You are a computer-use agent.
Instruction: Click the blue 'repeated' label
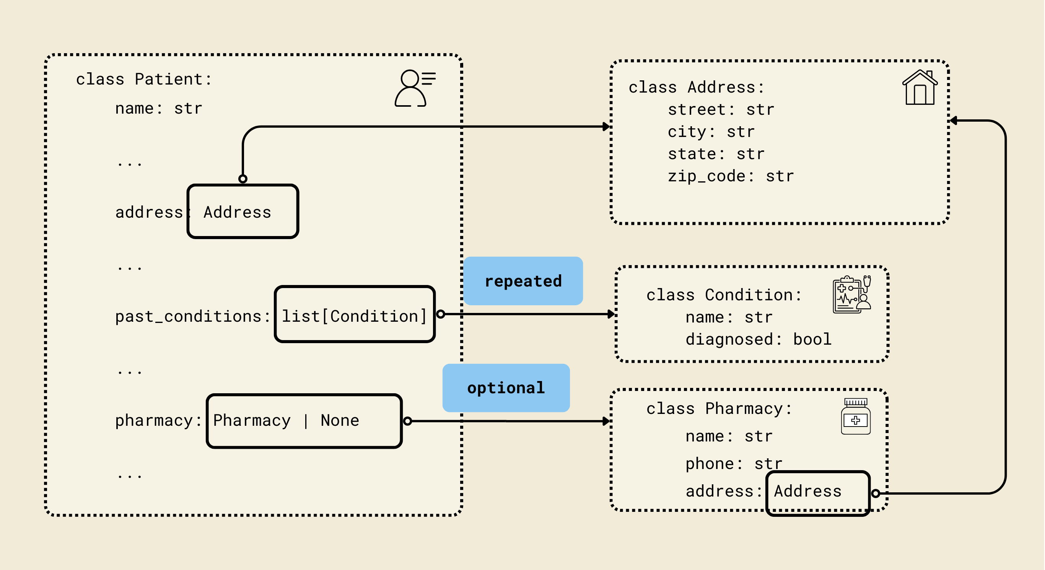coord(523,281)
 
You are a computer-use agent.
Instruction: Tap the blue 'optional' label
coord(506,388)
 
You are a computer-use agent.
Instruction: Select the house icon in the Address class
coord(920,87)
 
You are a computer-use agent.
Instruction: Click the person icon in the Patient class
coord(414,88)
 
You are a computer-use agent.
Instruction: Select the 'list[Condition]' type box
coord(355,314)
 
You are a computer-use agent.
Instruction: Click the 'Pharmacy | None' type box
coord(304,421)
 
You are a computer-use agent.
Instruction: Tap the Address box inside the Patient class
coord(243,212)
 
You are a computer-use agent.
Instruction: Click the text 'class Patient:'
coord(143,79)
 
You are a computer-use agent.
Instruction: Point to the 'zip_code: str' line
coord(730,176)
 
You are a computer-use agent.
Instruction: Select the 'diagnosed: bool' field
coord(758,339)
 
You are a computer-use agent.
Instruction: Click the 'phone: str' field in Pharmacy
coord(733,463)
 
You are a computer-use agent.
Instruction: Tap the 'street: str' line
coord(721,109)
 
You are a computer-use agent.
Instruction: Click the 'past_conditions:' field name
coord(192,316)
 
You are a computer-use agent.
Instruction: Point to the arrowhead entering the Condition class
coord(611,314)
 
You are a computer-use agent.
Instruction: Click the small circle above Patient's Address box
coord(243,179)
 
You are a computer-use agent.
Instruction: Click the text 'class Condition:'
coord(724,295)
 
